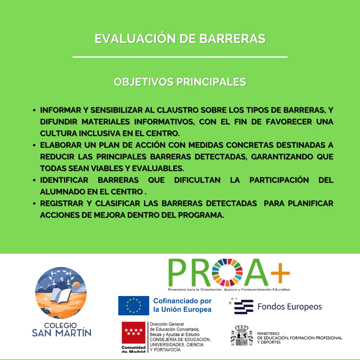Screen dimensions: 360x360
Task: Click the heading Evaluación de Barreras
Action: click(180, 39)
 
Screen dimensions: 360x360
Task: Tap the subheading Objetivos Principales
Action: click(180, 82)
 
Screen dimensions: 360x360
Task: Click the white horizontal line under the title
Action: click(180, 57)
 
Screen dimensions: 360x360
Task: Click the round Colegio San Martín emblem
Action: click(61, 293)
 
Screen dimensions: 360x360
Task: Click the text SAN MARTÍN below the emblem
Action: click(62, 333)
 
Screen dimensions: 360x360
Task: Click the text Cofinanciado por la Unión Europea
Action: click(182, 305)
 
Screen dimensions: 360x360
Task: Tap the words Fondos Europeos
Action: click(290, 306)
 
